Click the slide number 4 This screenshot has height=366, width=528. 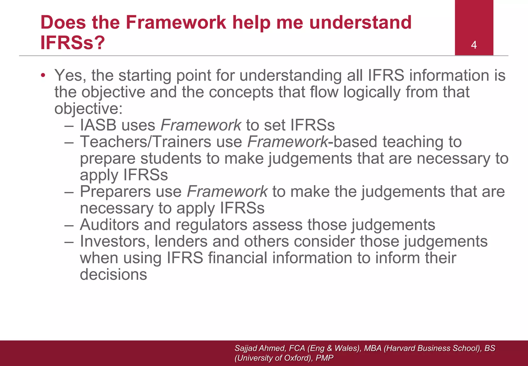coord(474,45)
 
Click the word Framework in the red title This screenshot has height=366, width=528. coord(176,22)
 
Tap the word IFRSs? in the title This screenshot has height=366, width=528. coord(73,43)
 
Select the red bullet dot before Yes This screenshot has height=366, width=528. coord(43,75)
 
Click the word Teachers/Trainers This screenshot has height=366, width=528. coord(146,142)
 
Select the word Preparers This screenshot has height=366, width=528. coord(115,192)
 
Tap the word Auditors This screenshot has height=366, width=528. coord(109,225)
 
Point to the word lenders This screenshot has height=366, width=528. coord(181,241)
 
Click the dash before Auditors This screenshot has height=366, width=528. coord(69,225)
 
